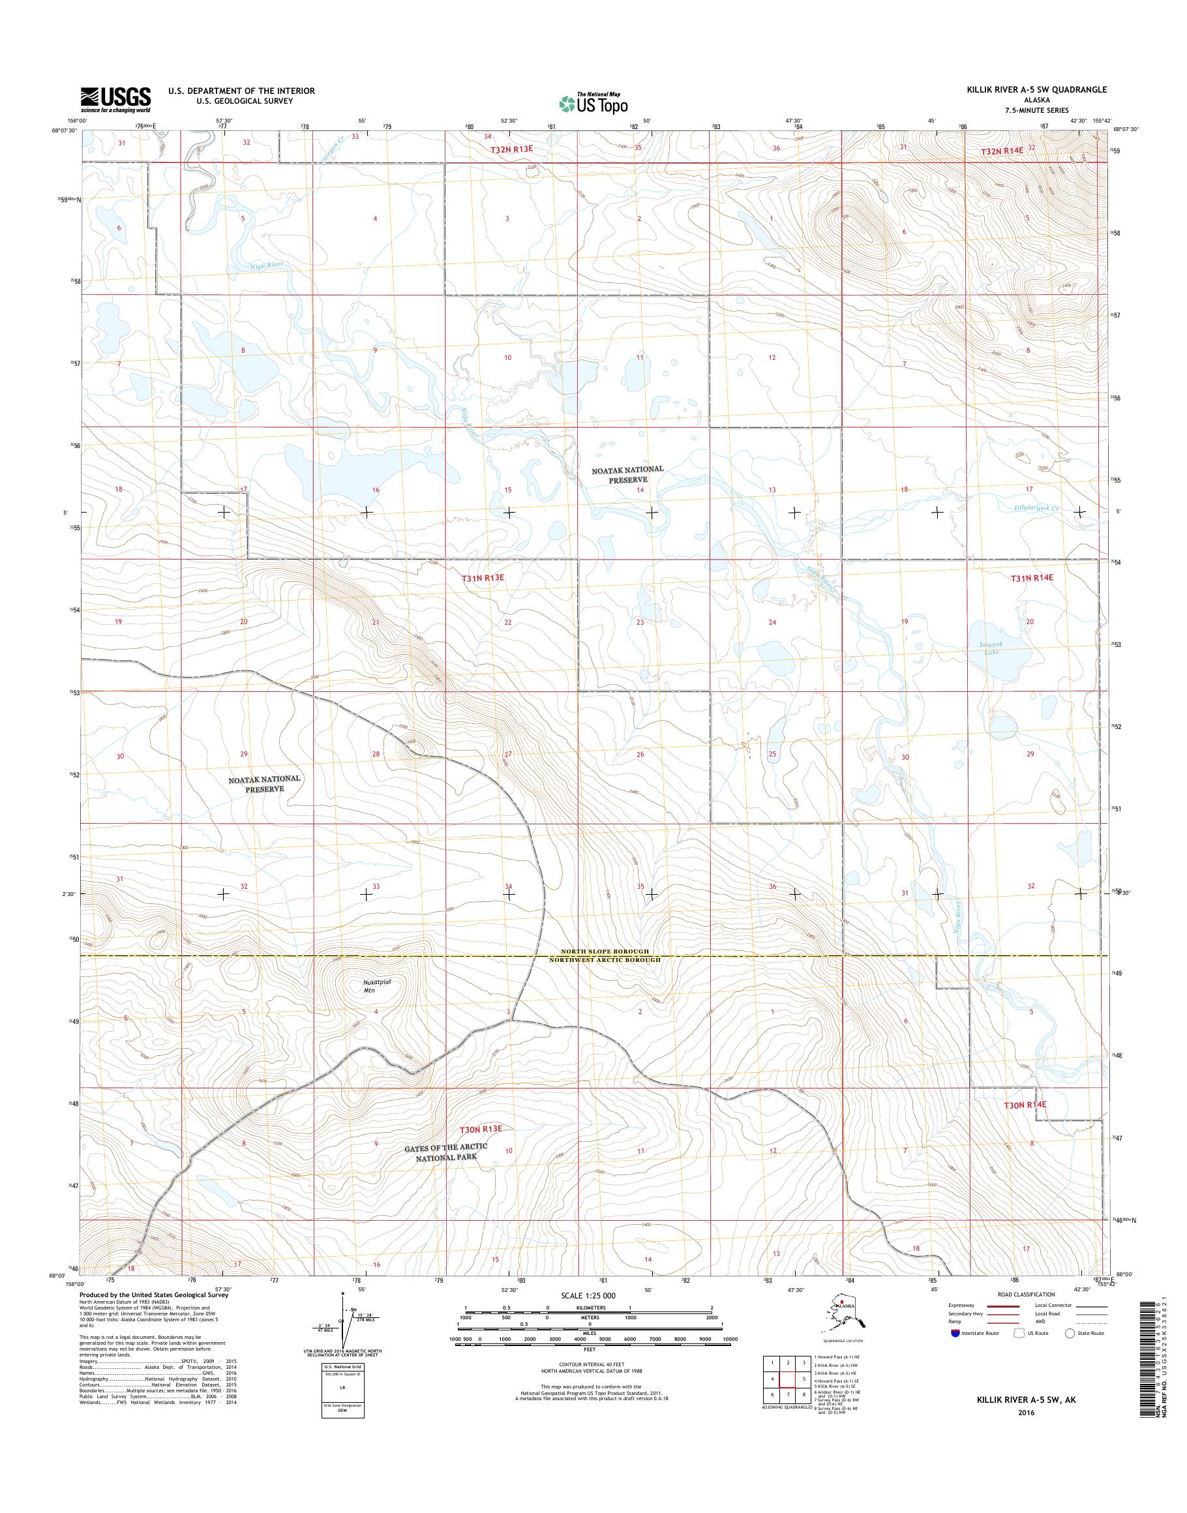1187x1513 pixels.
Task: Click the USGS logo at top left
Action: [115, 99]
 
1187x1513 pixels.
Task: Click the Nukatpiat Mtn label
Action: [378, 986]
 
